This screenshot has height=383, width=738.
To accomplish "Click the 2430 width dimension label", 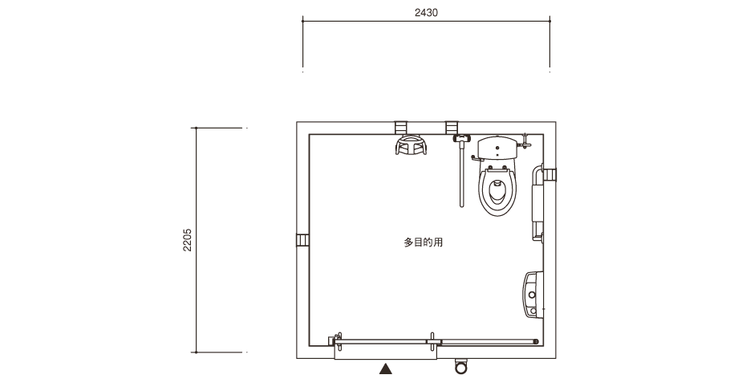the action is (x=426, y=13).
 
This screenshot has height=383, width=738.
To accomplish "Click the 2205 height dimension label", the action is (x=188, y=240).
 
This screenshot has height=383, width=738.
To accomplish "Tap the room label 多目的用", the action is (x=423, y=242).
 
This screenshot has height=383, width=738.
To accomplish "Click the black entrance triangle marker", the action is (x=386, y=369).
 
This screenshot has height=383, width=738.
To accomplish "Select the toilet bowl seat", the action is (x=497, y=189).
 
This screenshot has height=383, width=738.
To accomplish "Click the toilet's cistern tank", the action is (x=497, y=148).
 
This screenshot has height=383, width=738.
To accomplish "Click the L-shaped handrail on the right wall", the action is (x=537, y=202).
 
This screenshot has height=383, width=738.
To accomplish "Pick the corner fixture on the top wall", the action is (x=411, y=145).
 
